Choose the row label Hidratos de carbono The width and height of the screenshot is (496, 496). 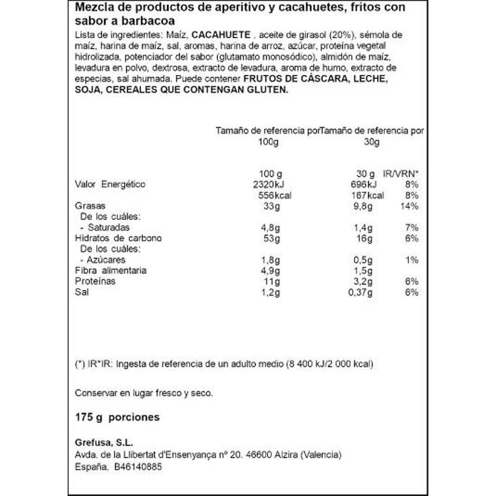tap(118, 238)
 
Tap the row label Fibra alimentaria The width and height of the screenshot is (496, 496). tap(110, 271)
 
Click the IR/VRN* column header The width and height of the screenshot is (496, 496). tap(402, 173)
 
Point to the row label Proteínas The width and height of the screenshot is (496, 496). tap(94, 281)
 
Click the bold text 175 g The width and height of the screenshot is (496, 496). tap(89, 417)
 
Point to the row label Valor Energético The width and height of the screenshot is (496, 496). tap(110, 184)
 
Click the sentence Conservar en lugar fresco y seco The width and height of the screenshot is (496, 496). tap(144, 392)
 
